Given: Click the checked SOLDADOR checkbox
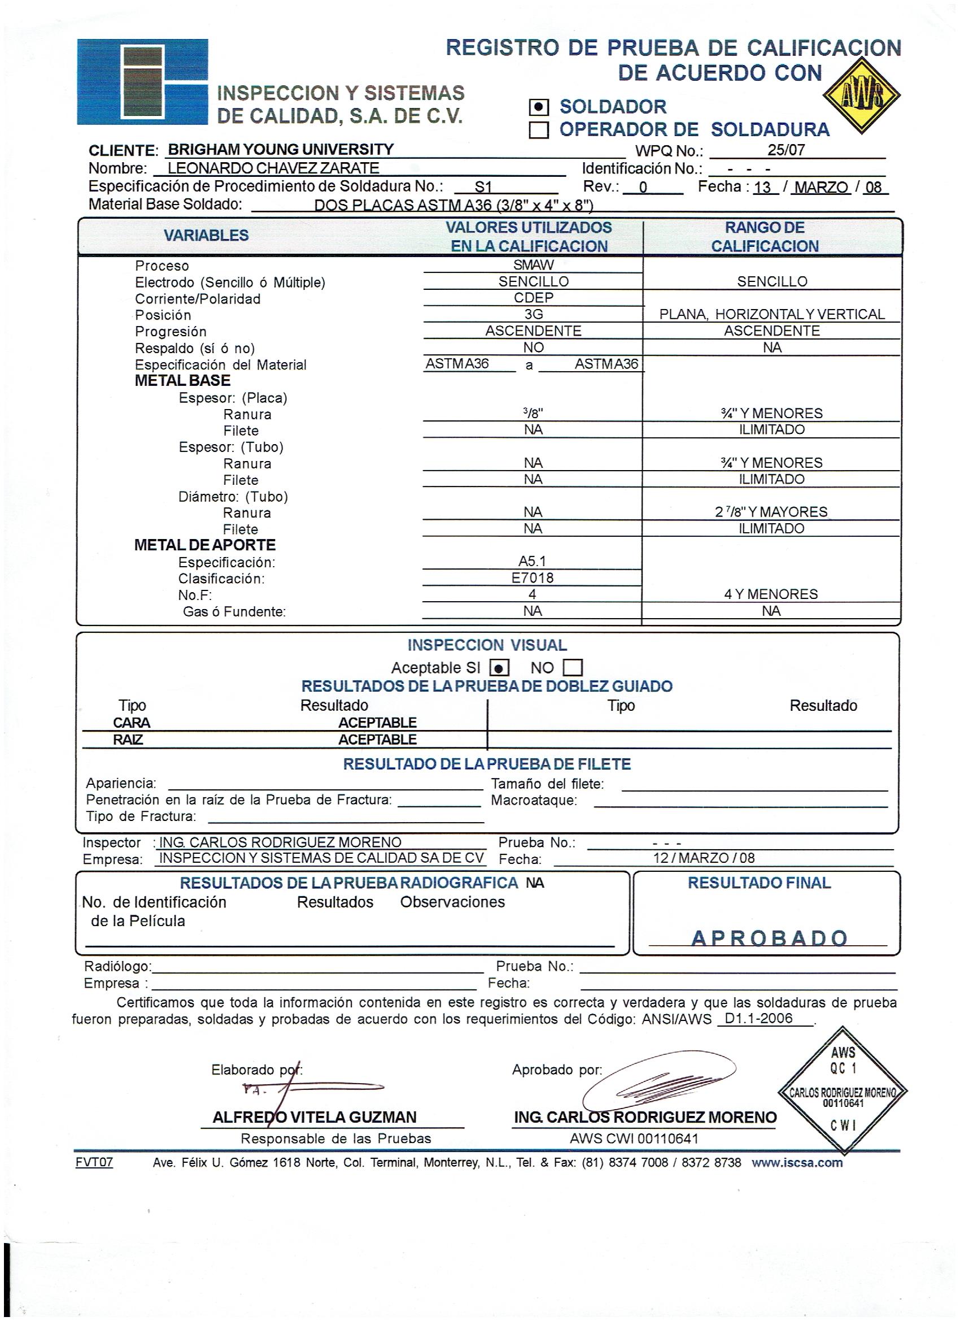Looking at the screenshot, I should [539, 107].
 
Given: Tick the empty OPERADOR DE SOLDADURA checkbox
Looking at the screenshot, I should [539, 130].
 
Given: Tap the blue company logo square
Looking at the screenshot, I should [142, 81].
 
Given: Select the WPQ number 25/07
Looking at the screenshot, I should [786, 150].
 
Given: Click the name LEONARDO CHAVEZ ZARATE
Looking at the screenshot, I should [273, 168].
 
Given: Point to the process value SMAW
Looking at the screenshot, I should [533, 265].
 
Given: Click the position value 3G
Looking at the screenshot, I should [533, 315].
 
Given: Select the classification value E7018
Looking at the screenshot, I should [532, 578].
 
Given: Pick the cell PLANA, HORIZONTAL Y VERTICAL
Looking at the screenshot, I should [771, 315].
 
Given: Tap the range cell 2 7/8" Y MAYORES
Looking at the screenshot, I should [771, 512].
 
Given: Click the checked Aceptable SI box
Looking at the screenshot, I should [500, 668].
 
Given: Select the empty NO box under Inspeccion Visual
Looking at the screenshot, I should [573, 667].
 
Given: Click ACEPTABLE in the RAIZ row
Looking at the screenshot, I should [377, 740].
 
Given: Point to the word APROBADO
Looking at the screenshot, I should [769, 938].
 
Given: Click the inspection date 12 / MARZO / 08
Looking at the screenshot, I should [704, 858].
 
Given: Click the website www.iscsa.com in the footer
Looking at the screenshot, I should [797, 1163].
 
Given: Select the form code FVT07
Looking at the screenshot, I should [94, 1163].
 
